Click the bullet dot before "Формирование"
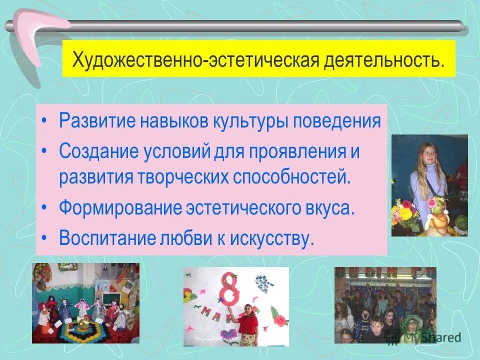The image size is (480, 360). click(x=45, y=208)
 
